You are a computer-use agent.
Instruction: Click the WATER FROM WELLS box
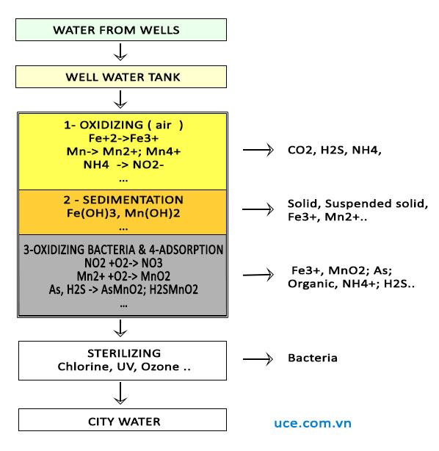coord(121,29)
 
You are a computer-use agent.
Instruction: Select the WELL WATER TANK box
coord(121,77)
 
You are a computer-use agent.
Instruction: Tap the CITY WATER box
coord(123,420)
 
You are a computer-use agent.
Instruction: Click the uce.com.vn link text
coord(313,423)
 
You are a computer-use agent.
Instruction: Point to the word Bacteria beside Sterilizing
coord(313,358)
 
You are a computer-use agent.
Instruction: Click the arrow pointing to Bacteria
coord(258,359)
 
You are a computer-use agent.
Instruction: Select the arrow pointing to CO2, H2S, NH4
coord(258,150)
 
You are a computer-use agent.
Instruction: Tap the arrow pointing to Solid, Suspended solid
coord(258,209)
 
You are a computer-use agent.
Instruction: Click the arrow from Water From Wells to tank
coord(120,52)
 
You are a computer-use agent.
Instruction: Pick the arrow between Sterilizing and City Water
coord(120,393)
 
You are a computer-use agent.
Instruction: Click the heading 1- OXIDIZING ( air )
coord(123,125)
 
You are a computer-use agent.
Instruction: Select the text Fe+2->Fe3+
coord(123,138)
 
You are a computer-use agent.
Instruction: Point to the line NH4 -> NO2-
coord(123,165)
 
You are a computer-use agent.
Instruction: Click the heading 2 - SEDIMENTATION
coord(123,200)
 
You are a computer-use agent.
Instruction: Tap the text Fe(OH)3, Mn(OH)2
coord(123,213)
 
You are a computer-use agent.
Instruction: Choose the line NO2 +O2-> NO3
coord(123,263)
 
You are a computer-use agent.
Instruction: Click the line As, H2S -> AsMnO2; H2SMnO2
coord(123,289)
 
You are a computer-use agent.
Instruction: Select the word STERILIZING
coord(124,353)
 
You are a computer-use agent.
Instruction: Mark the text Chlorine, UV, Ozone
coord(118,367)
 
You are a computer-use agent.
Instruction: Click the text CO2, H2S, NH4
coord(334,150)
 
